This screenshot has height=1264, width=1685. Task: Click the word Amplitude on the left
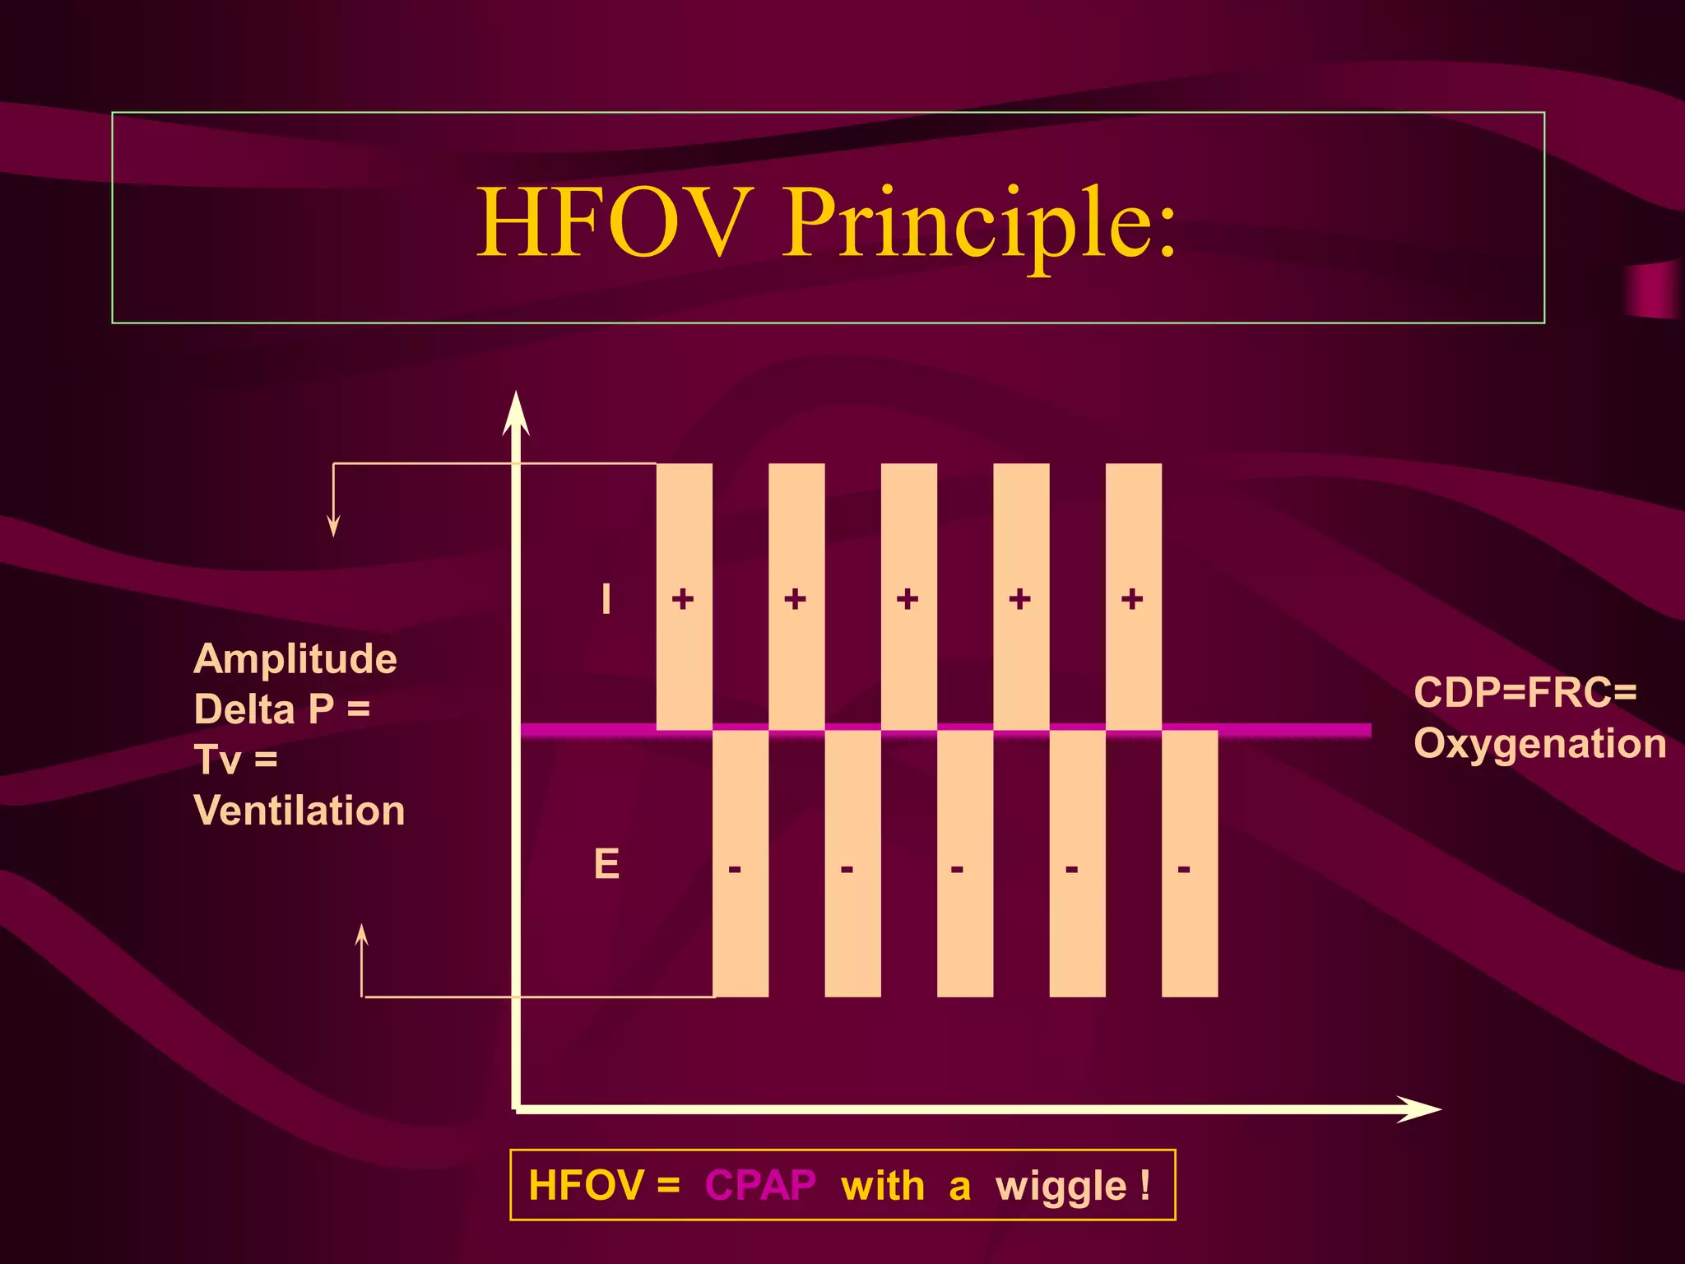295,659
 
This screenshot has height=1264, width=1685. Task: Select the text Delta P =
282,709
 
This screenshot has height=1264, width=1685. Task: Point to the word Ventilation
299,811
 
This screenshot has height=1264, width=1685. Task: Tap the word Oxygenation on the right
1539,744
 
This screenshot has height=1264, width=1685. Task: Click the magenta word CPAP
760,1186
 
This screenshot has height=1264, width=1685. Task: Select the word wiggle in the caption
1061,1187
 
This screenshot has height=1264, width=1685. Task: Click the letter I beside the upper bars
606,599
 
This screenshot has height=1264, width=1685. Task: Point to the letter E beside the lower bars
606,865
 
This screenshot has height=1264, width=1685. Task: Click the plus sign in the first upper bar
683,599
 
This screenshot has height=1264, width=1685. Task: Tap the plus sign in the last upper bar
1132,599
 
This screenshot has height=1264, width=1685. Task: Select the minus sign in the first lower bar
735,869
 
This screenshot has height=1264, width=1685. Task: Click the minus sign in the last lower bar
1184,869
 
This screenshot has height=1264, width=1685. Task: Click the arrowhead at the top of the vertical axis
516,411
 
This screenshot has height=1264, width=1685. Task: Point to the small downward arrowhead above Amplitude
333,527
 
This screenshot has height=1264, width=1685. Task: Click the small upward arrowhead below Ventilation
361,935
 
